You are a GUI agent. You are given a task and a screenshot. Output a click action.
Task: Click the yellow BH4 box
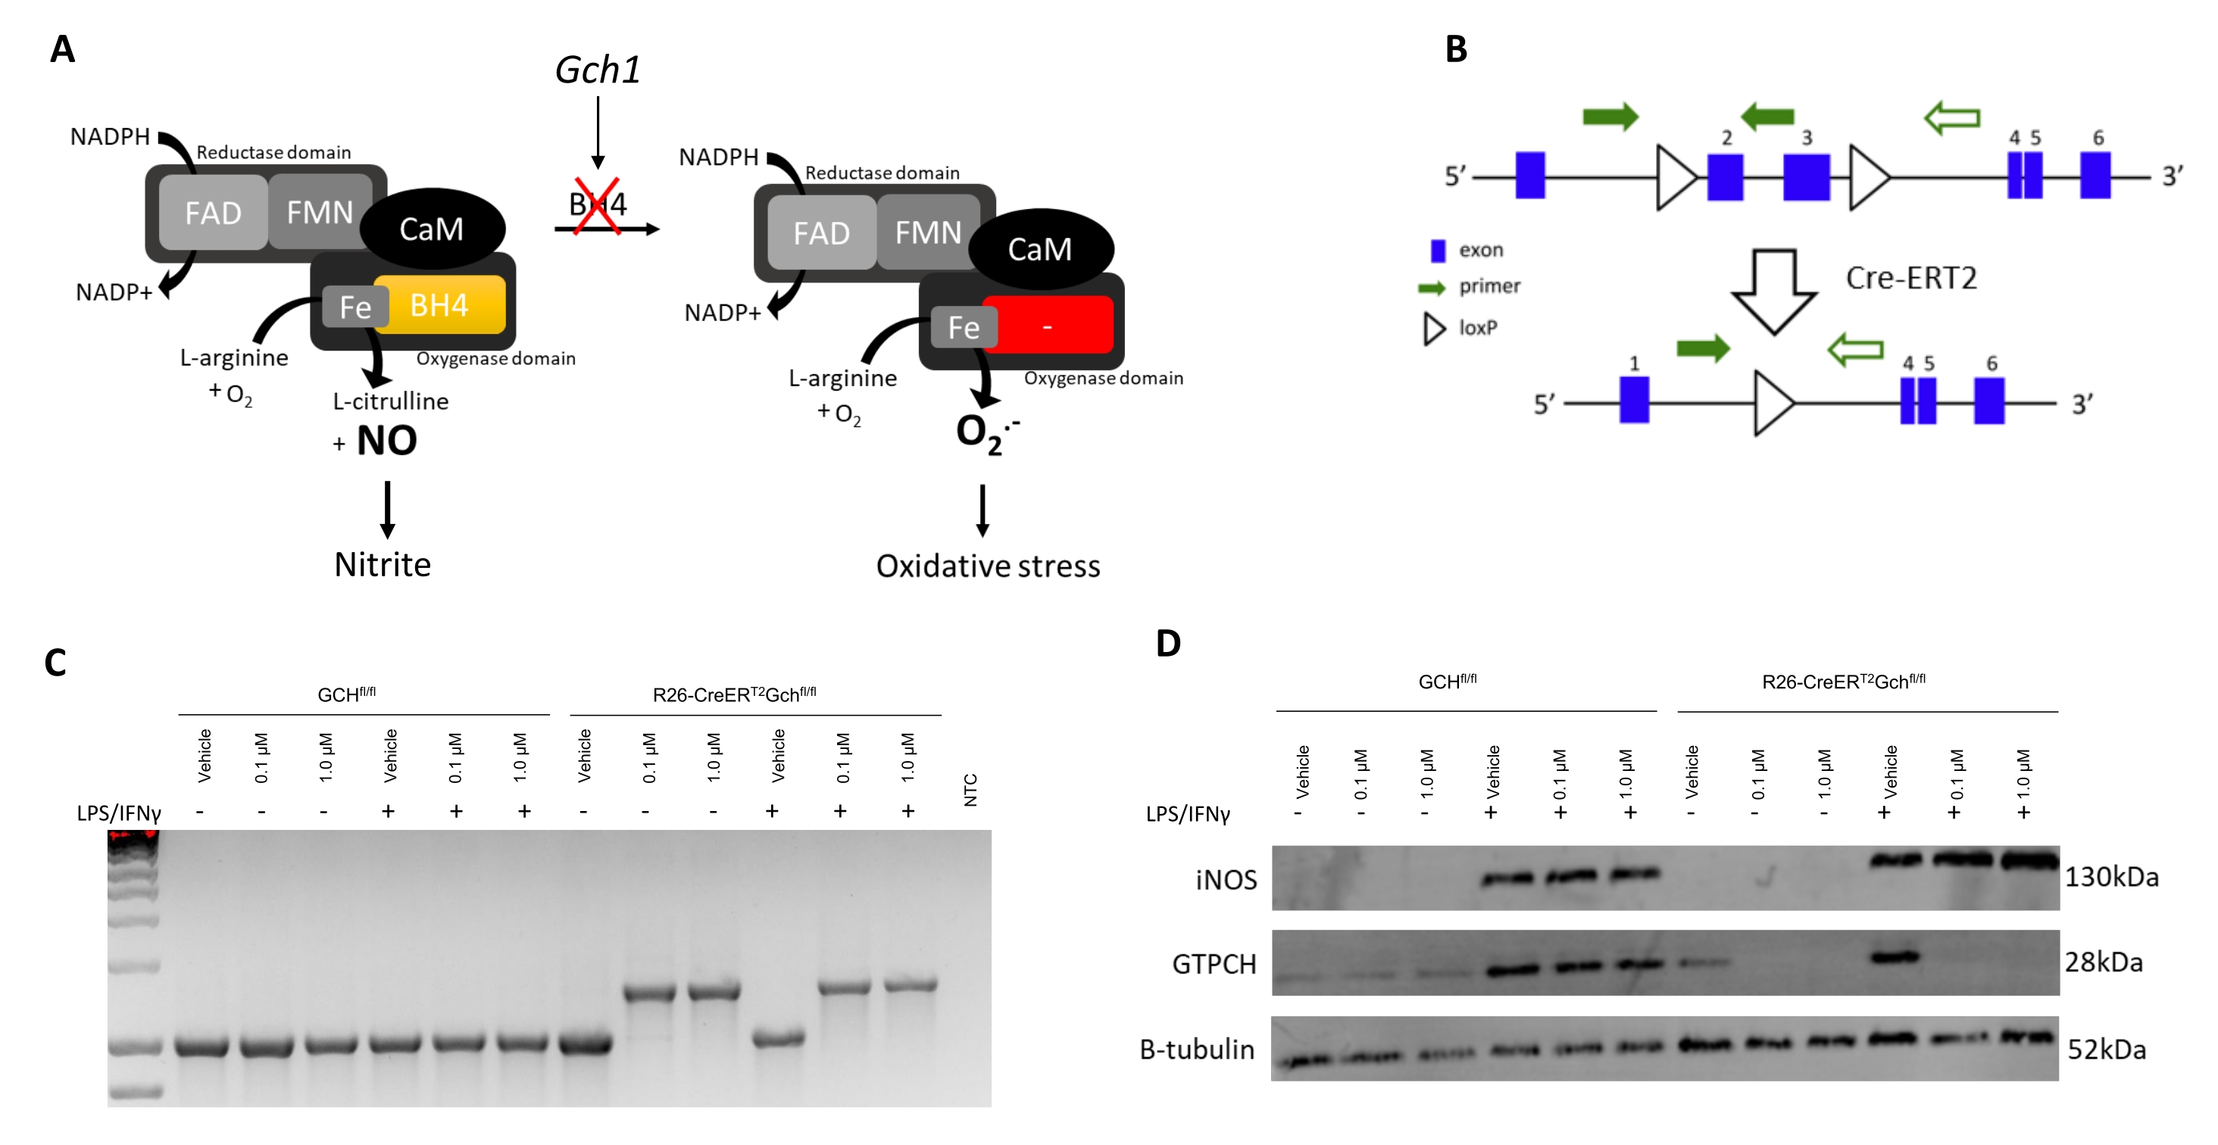[440, 304]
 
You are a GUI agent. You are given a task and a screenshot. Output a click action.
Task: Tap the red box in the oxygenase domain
[1048, 326]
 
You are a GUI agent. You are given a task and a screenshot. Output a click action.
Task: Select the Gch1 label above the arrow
[598, 70]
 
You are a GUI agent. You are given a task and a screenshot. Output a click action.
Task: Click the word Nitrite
[383, 565]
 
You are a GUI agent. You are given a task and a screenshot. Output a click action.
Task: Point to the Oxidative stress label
[988, 566]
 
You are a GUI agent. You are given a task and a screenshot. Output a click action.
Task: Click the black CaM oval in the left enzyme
[431, 229]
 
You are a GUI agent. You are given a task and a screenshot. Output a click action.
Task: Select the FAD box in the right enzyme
[821, 233]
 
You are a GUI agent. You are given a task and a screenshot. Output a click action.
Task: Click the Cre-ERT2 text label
[1910, 278]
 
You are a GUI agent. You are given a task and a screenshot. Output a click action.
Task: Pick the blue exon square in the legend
[1437, 251]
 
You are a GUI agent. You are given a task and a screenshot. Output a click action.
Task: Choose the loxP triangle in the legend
[1434, 328]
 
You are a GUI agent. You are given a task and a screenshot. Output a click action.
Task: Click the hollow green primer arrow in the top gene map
[1952, 117]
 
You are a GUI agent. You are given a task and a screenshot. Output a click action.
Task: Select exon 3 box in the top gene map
[1806, 177]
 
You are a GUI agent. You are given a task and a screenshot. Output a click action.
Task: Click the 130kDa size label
[2111, 877]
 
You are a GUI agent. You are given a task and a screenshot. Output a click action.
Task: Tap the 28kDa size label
[2104, 962]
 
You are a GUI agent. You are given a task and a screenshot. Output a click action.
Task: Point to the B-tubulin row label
[1197, 1050]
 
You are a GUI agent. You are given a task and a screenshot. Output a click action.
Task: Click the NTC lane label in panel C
[970, 789]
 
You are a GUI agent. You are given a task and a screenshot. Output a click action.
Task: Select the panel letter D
[1168, 643]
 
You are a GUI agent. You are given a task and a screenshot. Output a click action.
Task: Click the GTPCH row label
[1214, 964]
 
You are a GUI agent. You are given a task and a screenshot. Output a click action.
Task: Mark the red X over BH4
[598, 205]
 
